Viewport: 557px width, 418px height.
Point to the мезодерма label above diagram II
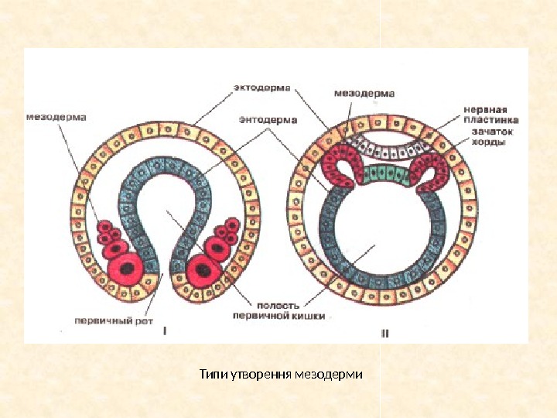(x=364, y=93)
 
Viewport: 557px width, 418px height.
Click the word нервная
(x=484, y=109)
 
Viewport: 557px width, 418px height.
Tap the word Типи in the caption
(x=209, y=375)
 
